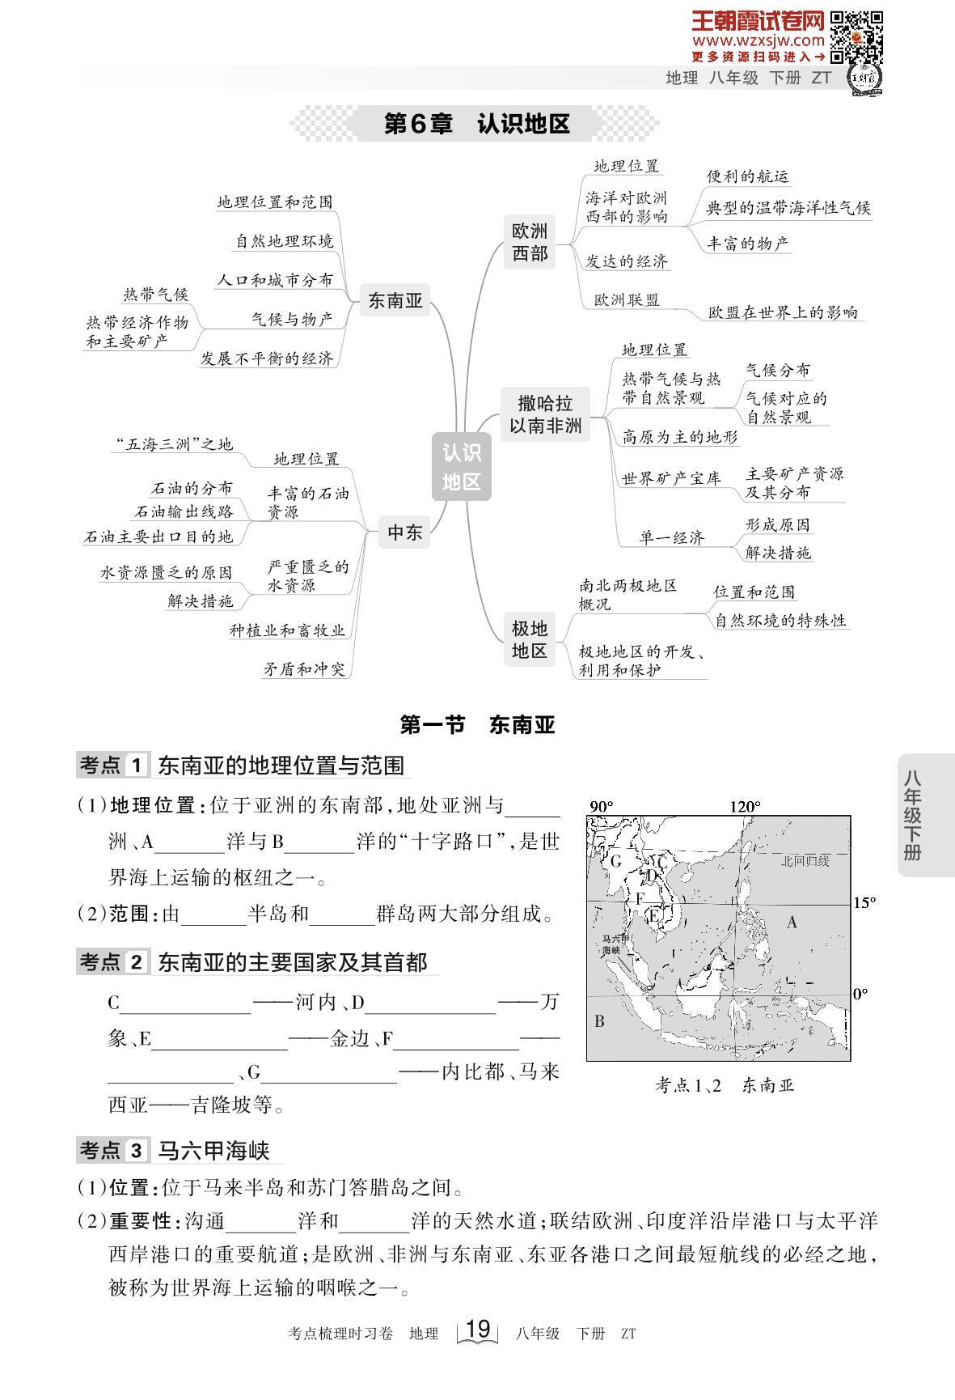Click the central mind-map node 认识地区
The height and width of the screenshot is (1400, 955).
(462, 465)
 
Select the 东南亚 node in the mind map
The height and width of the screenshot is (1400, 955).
(395, 300)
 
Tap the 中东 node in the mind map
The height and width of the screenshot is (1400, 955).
(404, 532)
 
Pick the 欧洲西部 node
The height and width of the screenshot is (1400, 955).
(530, 242)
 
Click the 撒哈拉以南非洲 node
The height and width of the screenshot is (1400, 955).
(545, 414)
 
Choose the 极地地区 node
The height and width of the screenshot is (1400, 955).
(530, 639)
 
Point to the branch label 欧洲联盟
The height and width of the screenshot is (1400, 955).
(627, 299)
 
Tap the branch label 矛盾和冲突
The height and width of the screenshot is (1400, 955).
(304, 668)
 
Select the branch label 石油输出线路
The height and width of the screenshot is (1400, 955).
(184, 511)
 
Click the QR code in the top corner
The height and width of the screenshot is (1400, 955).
(856, 38)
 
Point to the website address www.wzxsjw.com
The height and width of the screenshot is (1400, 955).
(758, 40)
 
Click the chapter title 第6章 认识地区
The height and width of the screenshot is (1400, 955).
(476, 124)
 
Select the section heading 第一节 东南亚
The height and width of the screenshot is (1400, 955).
(478, 724)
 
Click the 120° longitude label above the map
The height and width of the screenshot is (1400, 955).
(745, 806)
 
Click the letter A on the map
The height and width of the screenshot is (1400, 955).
(792, 922)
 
